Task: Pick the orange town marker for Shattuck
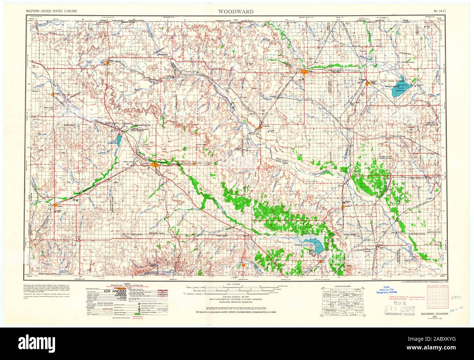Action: (55, 200)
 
